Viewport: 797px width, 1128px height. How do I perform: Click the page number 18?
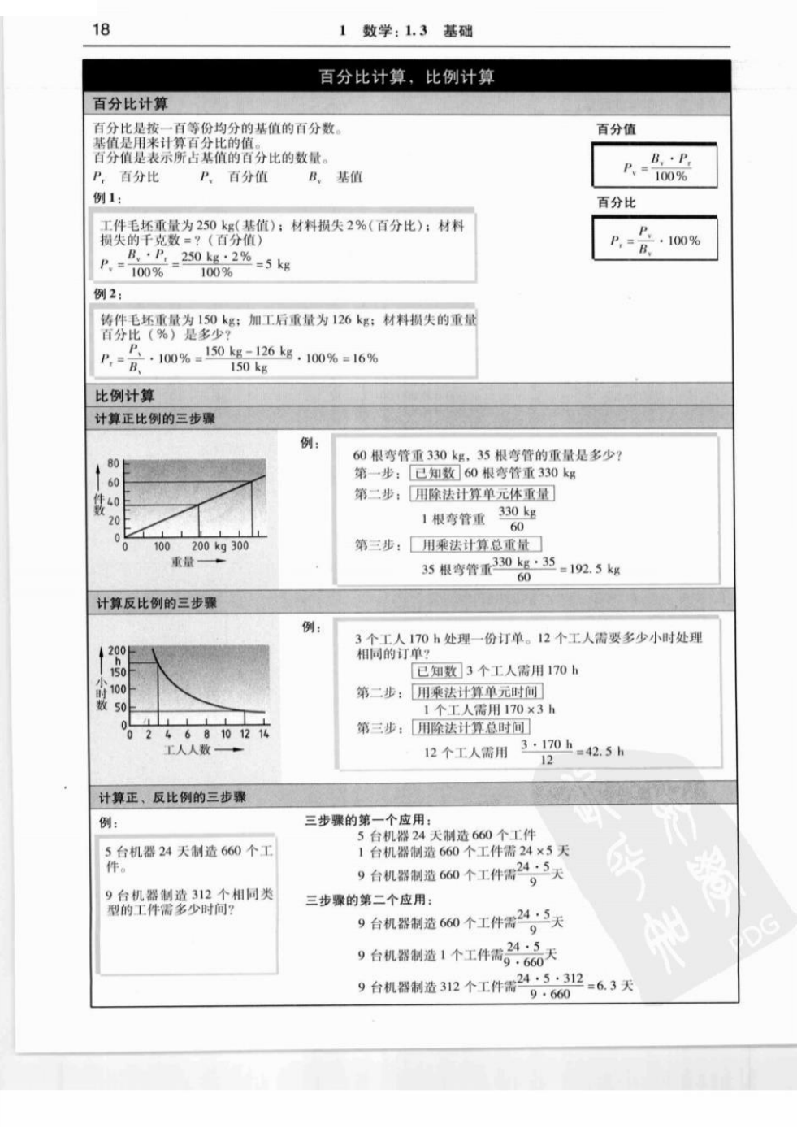pos(101,29)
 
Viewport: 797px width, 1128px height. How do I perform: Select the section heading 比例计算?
pos(124,396)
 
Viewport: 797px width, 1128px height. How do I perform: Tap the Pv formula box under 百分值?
pos(655,167)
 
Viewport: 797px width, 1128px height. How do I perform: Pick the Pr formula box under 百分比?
pos(655,239)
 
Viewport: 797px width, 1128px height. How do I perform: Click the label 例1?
pos(106,197)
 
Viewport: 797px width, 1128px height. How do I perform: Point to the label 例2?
pos(106,293)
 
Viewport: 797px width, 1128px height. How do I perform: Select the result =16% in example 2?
pos(359,358)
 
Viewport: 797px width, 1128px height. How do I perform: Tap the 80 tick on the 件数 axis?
pos(113,463)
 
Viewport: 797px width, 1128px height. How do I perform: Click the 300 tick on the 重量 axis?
pos(240,546)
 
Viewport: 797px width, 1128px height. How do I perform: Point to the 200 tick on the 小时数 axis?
pos(117,650)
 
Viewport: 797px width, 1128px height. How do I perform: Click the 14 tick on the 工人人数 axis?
pos(264,733)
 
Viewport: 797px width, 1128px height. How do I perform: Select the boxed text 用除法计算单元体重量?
pos(482,493)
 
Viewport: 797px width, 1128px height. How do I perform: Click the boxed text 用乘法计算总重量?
pos(475,544)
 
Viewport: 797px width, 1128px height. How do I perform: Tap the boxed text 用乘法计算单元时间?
pos(477,692)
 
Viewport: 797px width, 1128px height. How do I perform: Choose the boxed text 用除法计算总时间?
pos(470,727)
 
